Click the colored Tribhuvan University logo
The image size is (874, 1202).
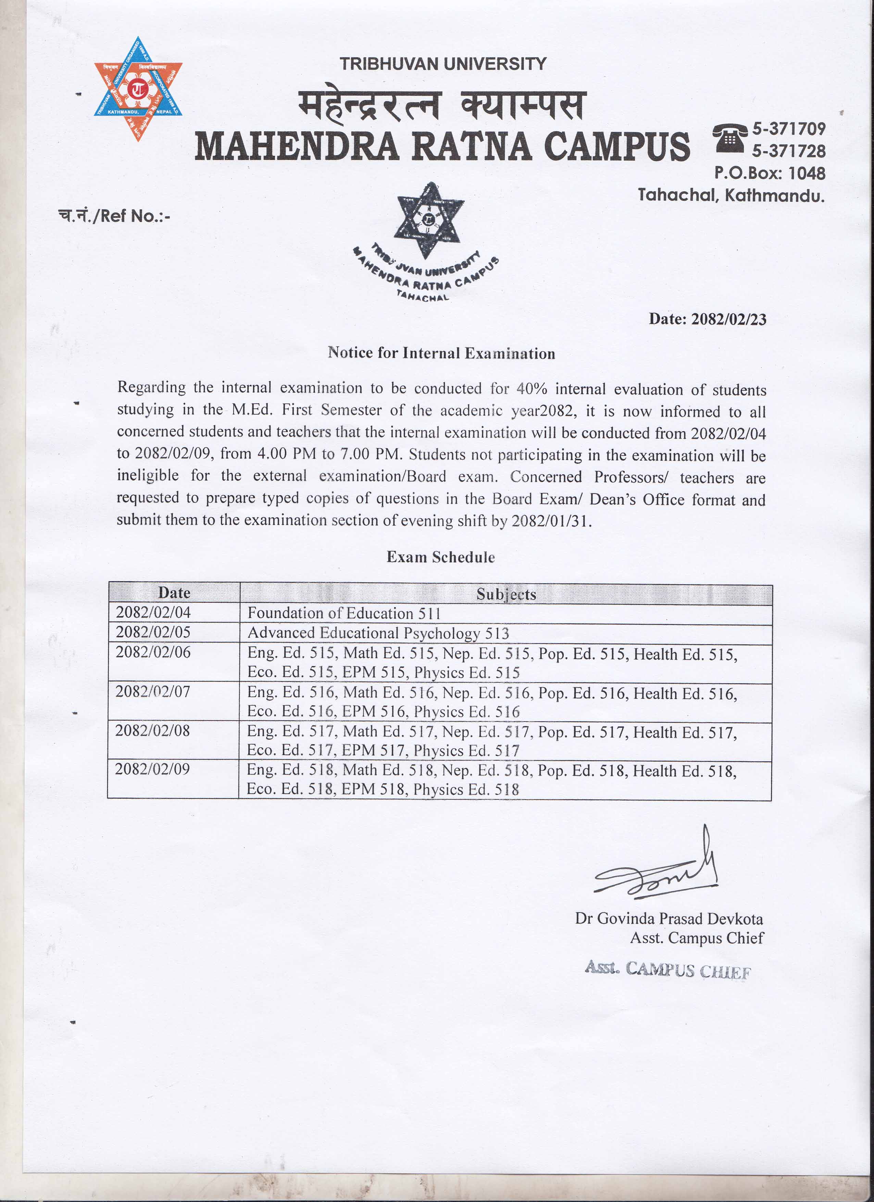pyautogui.click(x=138, y=89)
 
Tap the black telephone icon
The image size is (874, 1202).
pyautogui.click(x=730, y=138)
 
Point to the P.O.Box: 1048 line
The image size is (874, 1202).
pyautogui.click(x=770, y=173)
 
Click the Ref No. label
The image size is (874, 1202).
pyautogui.click(x=114, y=216)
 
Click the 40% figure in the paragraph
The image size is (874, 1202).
pyautogui.click(x=532, y=389)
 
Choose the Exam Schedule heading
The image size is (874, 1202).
pyautogui.click(x=441, y=557)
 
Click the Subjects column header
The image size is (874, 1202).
pyautogui.click(x=506, y=594)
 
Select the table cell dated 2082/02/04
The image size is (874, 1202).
pyautogui.click(x=153, y=613)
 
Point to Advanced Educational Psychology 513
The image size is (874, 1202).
pyautogui.click(x=378, y=633)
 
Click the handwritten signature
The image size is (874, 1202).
pyautogui.click(x=657, y=874)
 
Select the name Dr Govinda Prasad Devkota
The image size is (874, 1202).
pyautogui.click(x=669, y=918)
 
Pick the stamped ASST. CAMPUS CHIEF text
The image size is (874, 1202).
pyautogui.click(x=668, y=970)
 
